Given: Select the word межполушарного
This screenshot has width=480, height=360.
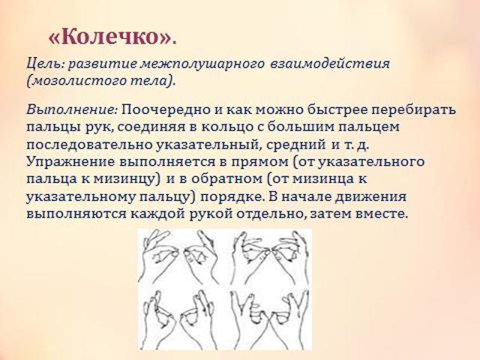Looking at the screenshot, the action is [202, 64].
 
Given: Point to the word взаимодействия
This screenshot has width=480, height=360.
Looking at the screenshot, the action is [330, 64].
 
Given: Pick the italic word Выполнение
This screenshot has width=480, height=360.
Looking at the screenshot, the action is [72, 109].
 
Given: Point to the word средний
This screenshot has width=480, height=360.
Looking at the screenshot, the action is [296, 145].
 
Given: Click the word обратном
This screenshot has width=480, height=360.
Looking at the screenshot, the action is [226, 179].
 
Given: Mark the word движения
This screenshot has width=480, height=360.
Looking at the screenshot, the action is [370, 196].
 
